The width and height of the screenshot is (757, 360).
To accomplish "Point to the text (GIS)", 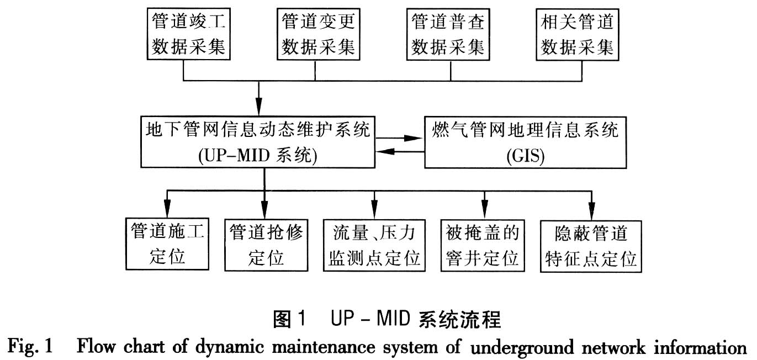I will [525, 156].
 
